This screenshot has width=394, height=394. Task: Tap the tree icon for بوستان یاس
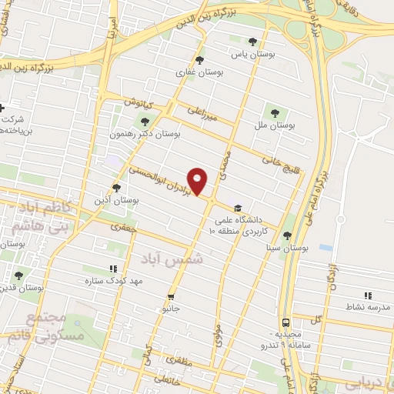click(x=253, y=42)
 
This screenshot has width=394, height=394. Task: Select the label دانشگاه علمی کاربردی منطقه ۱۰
click(x=265, y=225)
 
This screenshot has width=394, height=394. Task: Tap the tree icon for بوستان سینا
click(x=287, y=235)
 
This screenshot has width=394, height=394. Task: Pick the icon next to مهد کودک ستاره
click(x=112, y=269)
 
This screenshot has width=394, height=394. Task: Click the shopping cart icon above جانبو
click(x=171, y=296)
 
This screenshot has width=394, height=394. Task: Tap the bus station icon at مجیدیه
click(x=285, y=323)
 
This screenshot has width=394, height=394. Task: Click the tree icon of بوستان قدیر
click(x=18, y=275)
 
